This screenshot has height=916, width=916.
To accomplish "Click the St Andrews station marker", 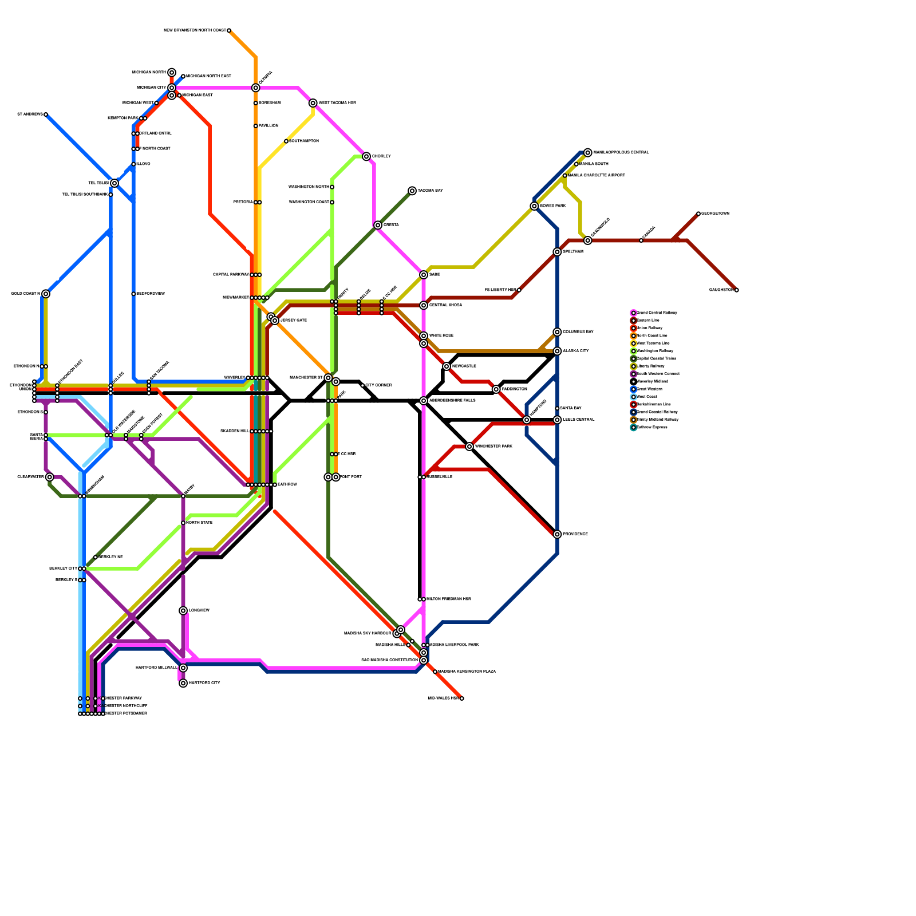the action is click(x=46, y=114).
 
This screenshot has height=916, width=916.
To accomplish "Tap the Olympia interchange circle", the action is click(x=255, y=88).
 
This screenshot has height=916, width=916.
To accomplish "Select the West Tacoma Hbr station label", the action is click(x=337, y=103).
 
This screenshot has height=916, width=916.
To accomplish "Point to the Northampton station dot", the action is click(x=286, y=141).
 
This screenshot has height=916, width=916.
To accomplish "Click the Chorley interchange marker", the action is click(x=366, y=156).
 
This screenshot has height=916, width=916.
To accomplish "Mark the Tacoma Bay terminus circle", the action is click(x=412, y=191).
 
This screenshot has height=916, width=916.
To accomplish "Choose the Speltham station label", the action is click(x=573, y=252).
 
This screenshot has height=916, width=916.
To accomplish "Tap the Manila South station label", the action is click(x=594, y=164).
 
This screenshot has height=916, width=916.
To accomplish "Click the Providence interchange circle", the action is click(x=557, y=534).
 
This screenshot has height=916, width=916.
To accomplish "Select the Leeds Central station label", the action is click(x=579, y=420).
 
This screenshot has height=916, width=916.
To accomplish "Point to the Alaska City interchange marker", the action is click(x=557, y=351).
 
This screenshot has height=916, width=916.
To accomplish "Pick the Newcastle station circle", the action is click(x=447, y=366).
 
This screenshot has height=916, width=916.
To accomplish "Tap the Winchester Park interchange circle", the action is click(x=469, y=447).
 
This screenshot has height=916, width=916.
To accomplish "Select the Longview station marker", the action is click(x=183, y=611).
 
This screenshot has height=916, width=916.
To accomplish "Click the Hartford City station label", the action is click(x=204, y=683).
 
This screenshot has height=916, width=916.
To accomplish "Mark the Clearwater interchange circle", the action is click(x=50, y=477).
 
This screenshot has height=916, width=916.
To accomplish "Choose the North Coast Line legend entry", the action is click(x=652, y=335).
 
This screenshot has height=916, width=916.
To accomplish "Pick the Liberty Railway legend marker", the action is click(x=633, y=366).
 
